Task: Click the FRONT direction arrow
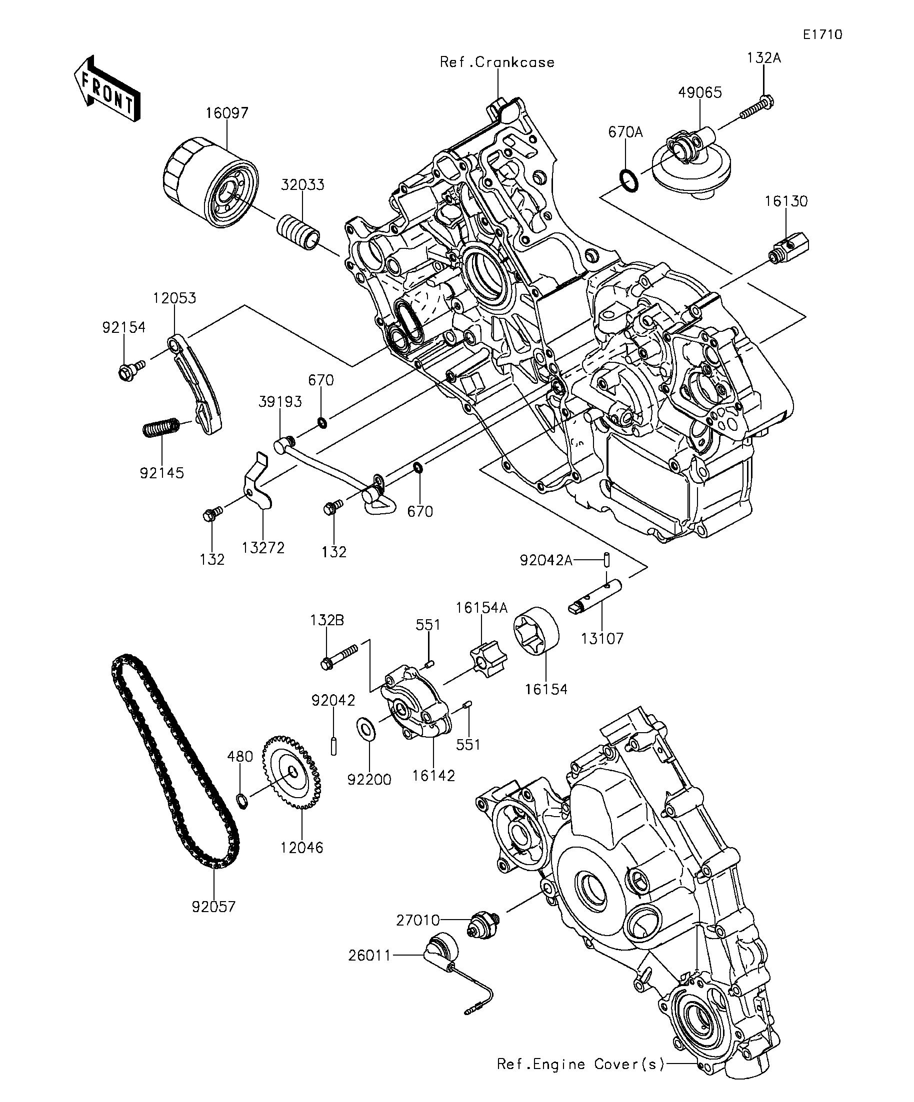click(107, 88)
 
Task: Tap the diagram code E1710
click(822, 34)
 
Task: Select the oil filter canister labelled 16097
click(211, 182)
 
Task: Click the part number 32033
click(302, 185)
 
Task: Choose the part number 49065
click(700, 92)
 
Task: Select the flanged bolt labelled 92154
click(131, 369)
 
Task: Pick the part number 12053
click(174, 298)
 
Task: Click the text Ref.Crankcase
click(497, 62)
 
